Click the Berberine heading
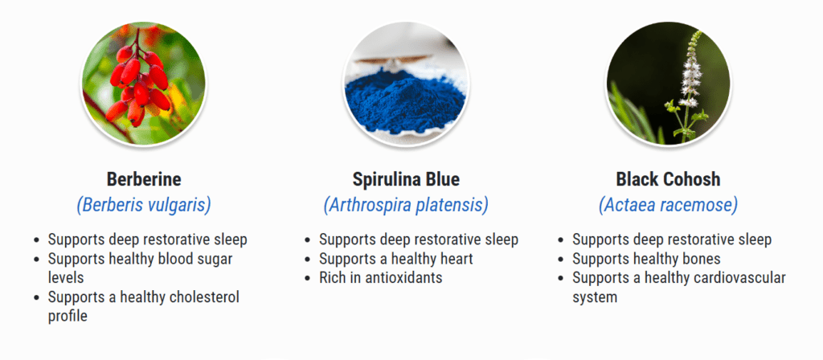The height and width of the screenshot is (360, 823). [144, 179]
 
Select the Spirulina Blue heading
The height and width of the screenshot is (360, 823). [406, 179]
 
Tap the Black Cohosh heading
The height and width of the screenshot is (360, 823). [668, 179]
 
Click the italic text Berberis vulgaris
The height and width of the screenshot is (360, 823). [144, 205]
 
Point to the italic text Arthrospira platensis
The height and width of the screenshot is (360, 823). [406, 205]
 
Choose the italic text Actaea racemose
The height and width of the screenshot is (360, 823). [668, 205]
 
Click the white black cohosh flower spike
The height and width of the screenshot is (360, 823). [690, 71]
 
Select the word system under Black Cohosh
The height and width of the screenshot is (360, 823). [595, 297]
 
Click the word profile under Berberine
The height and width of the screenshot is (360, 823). [68, 317]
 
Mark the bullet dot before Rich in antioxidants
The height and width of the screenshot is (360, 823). [307, 278]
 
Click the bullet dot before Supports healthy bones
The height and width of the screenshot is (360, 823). [560, 260]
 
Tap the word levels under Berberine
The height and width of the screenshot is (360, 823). [66, 277]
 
